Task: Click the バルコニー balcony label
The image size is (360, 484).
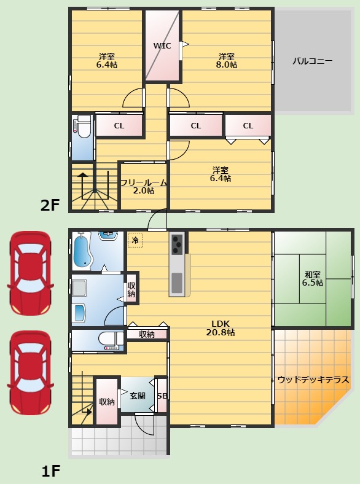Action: click(312, 61)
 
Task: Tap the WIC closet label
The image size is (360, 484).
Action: click(162, 45)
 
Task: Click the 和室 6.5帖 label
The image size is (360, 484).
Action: click(312, 278)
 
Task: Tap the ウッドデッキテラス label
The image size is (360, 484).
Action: click(313, 380)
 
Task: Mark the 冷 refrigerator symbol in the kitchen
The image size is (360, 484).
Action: click(135, 240)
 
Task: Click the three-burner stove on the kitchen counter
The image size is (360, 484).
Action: click(176, 244)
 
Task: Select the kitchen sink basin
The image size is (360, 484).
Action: click(177, 282)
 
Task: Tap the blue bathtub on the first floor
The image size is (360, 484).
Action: click(82, 252)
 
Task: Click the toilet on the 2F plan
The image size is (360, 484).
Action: click(82, 127)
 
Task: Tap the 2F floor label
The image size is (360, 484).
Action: click(50, 205)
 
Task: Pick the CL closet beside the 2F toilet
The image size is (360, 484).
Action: click(119, 126)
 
